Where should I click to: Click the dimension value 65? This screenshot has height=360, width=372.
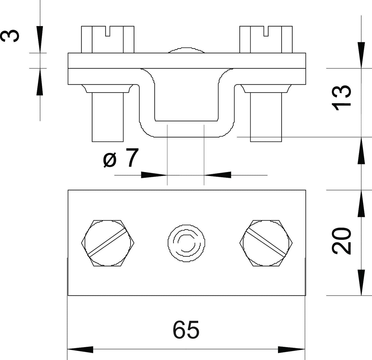186,330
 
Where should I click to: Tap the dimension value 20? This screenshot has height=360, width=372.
341,241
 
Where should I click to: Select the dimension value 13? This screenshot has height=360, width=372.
341,98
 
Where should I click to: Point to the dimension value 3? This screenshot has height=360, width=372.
10,35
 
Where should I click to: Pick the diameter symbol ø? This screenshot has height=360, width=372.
110,160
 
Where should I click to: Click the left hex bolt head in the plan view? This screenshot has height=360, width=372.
108,243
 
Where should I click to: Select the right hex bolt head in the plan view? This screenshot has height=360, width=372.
266,243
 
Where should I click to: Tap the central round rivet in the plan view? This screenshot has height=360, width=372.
186,243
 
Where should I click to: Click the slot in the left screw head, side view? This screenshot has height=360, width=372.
108,31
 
